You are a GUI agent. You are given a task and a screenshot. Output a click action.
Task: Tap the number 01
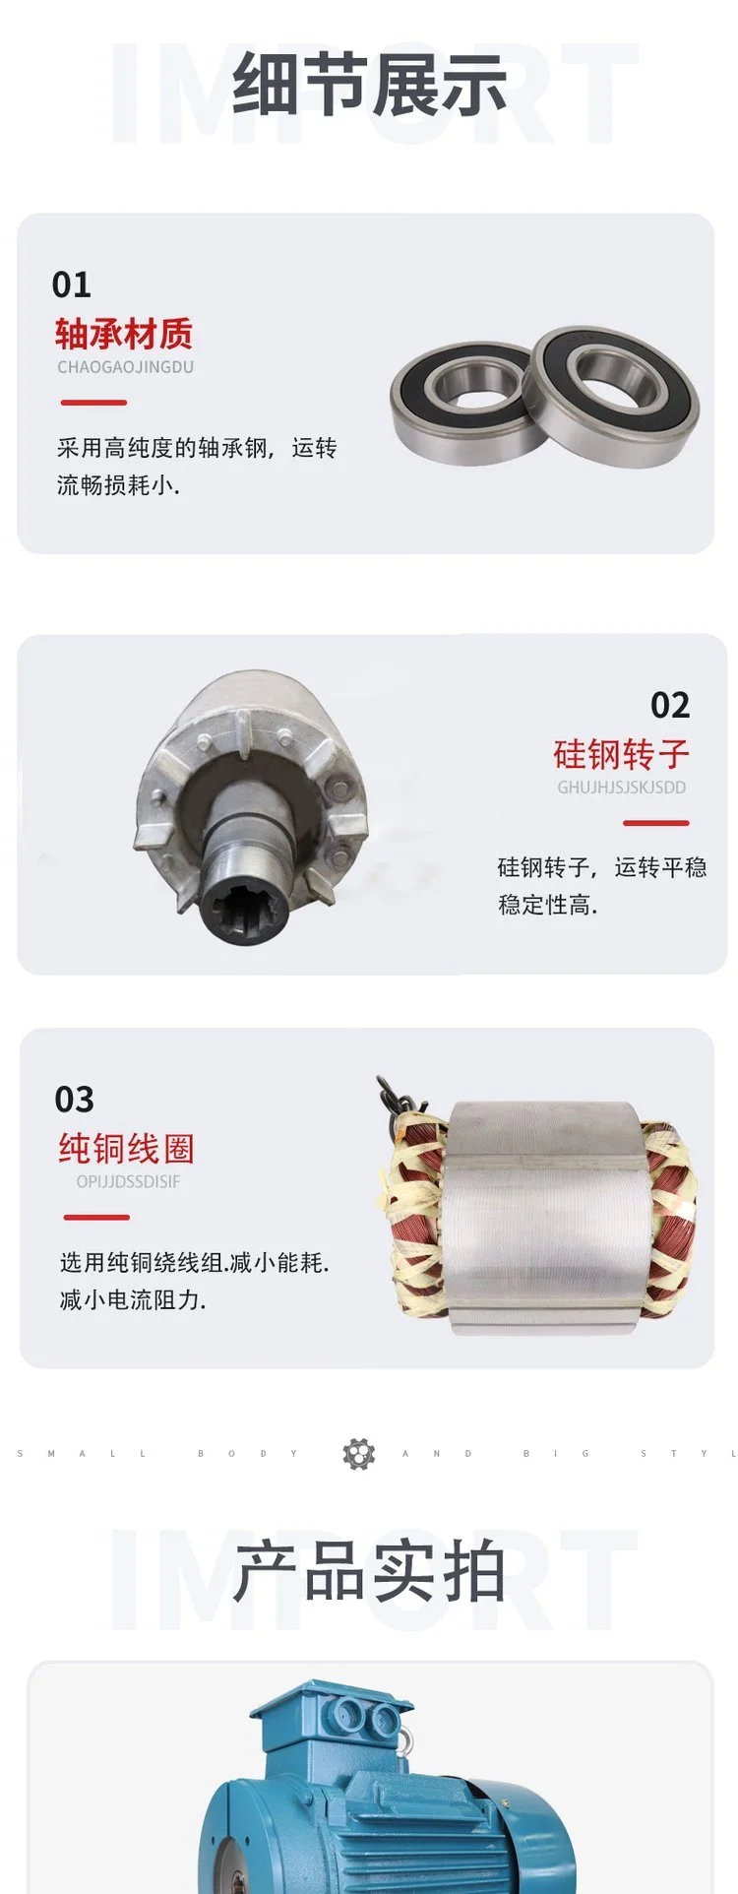coord(72,285)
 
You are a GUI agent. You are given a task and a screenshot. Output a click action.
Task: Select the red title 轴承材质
coord(124,334)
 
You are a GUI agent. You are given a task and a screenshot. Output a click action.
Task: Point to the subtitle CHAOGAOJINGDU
coord(126,367)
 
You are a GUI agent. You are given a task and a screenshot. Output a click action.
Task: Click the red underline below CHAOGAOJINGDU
coord(94,403)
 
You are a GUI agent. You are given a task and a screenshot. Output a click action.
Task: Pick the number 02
coord(670,705)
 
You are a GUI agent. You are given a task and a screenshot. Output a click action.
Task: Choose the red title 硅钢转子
coord(622,755)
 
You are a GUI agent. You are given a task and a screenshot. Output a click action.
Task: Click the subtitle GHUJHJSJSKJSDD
coord(622,788)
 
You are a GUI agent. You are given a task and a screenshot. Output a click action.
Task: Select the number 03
coord(75,1100)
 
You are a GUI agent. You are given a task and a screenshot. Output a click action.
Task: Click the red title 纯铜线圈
coord(126,1149)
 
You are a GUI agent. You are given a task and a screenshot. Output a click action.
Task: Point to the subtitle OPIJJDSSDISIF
coord(129,1181)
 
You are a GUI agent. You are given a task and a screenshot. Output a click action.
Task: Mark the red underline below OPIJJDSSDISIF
coord(96,1218)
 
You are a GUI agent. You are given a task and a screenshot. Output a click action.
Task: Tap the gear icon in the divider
coord(359,1454)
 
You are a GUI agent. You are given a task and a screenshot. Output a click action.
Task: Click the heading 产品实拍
coord(369,1572)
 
